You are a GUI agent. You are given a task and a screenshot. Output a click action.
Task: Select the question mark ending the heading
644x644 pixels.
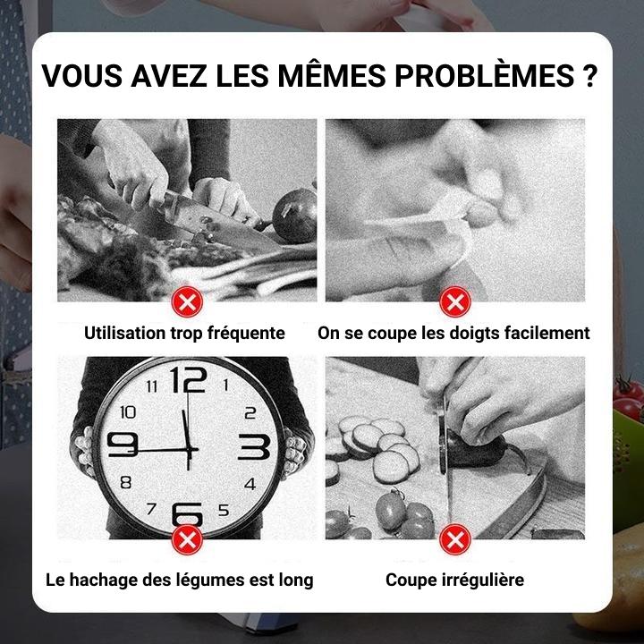(589, 75)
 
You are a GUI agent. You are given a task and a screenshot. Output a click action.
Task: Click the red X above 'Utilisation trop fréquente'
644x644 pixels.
(187, 302)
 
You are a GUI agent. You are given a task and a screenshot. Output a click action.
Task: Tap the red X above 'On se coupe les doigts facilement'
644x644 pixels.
(455, 302)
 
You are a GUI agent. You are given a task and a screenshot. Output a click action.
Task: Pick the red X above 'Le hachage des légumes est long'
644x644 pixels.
(187, 539)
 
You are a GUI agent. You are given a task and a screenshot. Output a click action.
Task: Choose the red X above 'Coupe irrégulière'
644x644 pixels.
(455, 539)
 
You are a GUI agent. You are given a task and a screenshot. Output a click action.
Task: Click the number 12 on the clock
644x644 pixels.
(189, 379)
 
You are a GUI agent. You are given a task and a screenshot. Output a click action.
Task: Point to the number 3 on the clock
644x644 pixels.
(254, 446)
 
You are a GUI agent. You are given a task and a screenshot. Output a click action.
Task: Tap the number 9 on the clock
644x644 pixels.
(123, 445)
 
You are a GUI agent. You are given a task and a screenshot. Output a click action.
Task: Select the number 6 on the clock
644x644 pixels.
(187, 513)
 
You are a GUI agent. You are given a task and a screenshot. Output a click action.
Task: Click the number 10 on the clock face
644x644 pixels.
(128, 412)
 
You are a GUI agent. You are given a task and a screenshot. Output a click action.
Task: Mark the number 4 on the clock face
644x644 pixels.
(250, 484)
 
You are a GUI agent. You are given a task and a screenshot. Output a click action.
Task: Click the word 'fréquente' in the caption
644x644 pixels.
(246, 333)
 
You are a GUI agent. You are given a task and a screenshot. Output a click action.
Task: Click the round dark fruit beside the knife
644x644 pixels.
(294, 216)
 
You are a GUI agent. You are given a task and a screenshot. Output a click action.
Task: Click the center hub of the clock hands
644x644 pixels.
(189, 450)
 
